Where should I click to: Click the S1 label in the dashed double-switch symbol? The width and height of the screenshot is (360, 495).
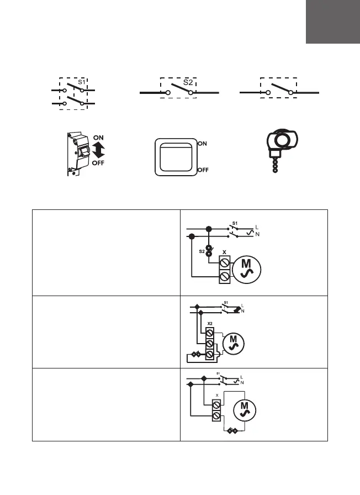pos(81,82)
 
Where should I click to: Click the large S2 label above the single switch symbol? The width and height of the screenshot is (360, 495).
pos(189,82)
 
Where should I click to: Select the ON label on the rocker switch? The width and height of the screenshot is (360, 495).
pos(203,143)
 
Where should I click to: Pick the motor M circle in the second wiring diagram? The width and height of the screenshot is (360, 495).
pos(233,343)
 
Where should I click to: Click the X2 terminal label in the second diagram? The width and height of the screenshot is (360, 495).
pos(210,324)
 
